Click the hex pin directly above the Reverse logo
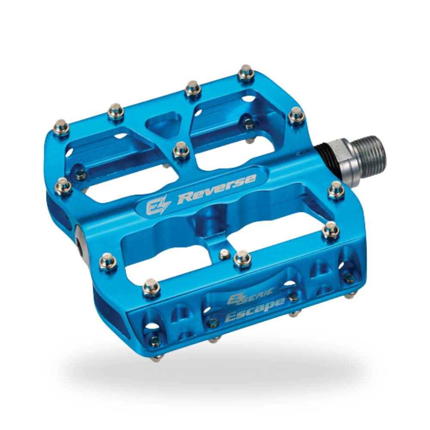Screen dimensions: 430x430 pos(181,150)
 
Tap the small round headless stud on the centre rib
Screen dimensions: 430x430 pos(224,254)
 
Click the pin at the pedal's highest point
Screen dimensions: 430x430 pos(246,72)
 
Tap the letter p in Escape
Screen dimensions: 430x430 pos(270,306)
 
